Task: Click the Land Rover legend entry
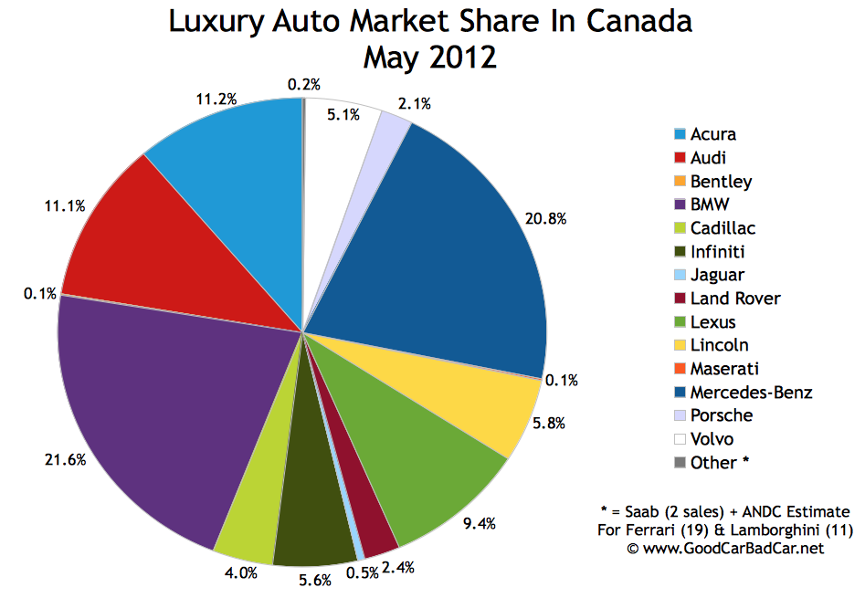[736, 299]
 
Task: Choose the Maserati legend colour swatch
[680, 369]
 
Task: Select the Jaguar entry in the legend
[718, 275]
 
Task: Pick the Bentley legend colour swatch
[680, 181]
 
